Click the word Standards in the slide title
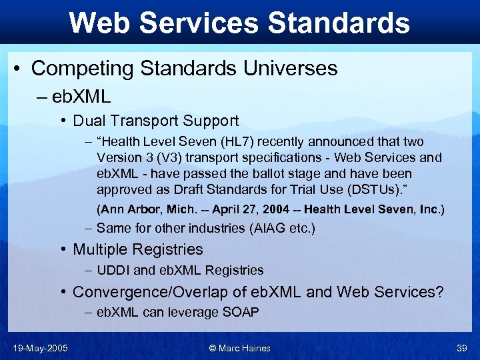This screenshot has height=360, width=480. (x=338, y=23)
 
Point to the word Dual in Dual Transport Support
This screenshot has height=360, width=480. (x=88, y=121)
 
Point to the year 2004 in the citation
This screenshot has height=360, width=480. (x=276, y=209)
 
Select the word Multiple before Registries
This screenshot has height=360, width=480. (x=100, y=249)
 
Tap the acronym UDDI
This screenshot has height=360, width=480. (x=113, y=271)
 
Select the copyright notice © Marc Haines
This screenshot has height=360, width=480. (x=240, y=348)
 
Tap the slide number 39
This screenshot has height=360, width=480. (x=461, y=348)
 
